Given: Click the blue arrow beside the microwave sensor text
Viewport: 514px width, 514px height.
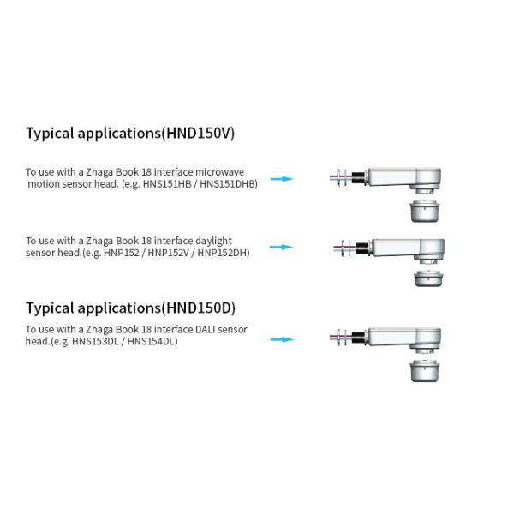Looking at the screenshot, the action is click(282, 179).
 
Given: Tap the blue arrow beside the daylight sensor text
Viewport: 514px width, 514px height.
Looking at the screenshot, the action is click(281, 247).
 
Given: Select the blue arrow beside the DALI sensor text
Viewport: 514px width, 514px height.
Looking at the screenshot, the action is click(282, 339).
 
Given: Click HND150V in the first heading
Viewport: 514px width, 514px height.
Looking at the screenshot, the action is click(198, 133).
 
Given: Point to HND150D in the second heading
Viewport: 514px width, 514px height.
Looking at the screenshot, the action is click(199, 308).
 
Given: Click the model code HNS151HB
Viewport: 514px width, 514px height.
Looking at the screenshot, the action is click(167, 184).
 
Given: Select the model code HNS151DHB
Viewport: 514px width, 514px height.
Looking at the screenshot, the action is click(227, 184).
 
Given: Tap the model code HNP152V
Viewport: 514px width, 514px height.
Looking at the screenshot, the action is click(169, 253).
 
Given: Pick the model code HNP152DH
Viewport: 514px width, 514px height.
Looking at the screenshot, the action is click(222, 253).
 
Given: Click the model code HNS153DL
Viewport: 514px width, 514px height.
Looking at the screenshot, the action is click(95, 341).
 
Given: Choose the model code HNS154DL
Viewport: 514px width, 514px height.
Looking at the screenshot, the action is click(151, 341).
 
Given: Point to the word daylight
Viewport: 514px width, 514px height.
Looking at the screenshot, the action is click(213, 242).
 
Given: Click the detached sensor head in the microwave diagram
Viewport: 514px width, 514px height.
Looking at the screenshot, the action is click(425, 211).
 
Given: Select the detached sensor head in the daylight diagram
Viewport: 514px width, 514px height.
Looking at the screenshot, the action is click(428, 278).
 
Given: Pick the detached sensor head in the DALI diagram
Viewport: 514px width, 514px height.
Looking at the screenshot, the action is click(425, 370).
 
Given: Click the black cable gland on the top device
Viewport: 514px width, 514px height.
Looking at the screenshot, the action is click(358, 177).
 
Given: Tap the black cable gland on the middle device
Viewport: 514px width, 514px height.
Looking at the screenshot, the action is click(362, 248).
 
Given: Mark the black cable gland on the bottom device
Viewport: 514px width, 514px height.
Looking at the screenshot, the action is click(358, 338).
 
